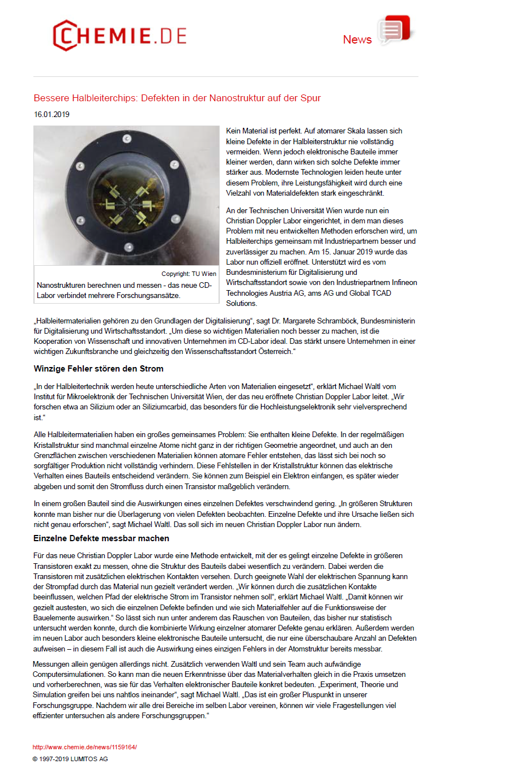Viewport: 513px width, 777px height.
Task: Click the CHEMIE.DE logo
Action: point(119,36)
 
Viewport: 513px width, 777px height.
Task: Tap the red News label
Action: point(357,40)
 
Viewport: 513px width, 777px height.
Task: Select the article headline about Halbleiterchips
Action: point(177,98)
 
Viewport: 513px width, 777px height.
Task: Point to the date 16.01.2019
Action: point(52,115)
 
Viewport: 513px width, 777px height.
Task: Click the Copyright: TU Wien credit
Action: point(189,274)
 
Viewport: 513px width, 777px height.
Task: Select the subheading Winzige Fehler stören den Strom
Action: point(99,369)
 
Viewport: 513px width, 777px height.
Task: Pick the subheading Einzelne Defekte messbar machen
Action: point(101,539)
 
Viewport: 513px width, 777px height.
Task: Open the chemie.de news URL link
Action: point(85,747)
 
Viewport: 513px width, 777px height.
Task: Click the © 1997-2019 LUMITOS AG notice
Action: point(70,759)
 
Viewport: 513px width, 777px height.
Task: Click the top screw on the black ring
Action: point(127,139)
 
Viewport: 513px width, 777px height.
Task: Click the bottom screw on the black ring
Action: point(129,247)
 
